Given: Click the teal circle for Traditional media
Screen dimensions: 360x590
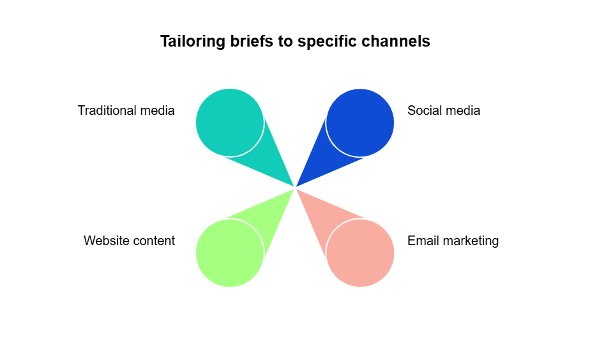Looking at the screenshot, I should click(230, 123).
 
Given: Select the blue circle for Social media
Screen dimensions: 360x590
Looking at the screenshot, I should click(360, 123).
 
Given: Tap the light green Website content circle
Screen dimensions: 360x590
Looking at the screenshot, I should click(230, 253).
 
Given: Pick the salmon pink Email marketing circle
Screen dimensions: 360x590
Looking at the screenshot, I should click(360, 253).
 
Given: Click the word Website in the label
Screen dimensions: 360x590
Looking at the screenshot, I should click(106, 241).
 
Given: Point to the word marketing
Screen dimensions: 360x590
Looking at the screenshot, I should click(469, 241).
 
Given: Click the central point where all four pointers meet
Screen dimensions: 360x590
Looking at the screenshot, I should click(295, 188).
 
